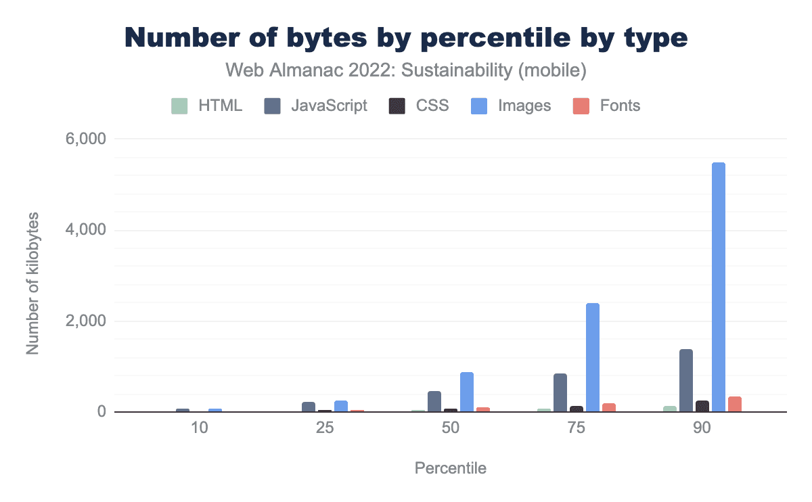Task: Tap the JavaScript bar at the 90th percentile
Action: pyautogui.click(x=686, y=380)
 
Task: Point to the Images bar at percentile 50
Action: pyautogui.click(x=467, y=392)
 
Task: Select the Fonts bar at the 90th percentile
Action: pyautogui.click(x=735, y=404)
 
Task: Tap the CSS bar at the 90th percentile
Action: pyautogui.click(x=702, y=406)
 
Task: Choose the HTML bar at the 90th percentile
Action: pyautogui.click(x=670, y=409)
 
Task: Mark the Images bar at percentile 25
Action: pyautogui.click(x=341, y=406)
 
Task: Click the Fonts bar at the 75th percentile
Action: pyautogui.click(x=609, y=407)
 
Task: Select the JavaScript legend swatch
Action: pyautogui.click(x=273, y=106)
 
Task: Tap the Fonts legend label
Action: pyautogui.click(x=619, y=106)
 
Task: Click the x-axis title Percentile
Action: pyautogui.click(x=450, y=468)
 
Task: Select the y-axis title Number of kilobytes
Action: pyautogui.click(x=32, y=283)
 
